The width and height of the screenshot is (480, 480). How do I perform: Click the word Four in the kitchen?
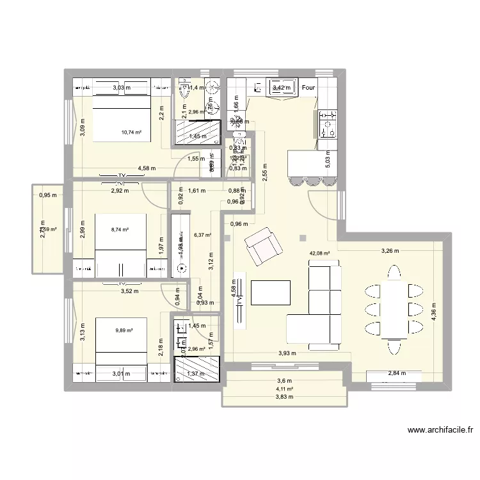coord(309,88)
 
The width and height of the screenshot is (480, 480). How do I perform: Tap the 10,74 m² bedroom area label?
coord(131,132)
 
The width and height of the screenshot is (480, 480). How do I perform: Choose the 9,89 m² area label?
coord(124,330)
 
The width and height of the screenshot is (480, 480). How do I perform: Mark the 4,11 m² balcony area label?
coord(284,388)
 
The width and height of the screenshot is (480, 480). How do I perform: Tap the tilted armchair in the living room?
coord(263,247)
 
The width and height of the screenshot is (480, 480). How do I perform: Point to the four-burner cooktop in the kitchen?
coord(327,123)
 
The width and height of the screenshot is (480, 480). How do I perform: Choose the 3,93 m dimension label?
coord(287,353)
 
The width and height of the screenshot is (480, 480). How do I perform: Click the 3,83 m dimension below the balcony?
coord(284,397)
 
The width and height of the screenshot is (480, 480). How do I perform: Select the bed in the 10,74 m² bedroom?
coord(122,115)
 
